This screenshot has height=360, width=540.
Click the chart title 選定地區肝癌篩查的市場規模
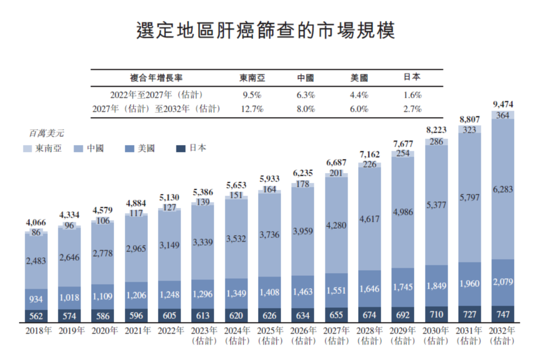[265, 30]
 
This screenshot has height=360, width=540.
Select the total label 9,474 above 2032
[503, 105]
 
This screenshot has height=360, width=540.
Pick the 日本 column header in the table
[412, 77]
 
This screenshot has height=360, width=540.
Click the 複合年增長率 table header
[156, 78]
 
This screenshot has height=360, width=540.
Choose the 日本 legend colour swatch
[180, 148]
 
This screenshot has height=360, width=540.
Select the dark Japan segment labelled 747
[503, 314]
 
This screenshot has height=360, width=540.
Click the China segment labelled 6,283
[503, 189]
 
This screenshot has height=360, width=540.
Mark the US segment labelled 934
[36, 299]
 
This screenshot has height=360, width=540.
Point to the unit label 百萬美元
[46, 133]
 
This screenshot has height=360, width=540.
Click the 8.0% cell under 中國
[305, 109]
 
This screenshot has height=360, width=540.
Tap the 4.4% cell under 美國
[359, 94]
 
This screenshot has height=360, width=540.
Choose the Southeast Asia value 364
[503, 115]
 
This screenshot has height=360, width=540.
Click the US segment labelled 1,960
[469, 283]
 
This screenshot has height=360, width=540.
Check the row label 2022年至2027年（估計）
[156, 94]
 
